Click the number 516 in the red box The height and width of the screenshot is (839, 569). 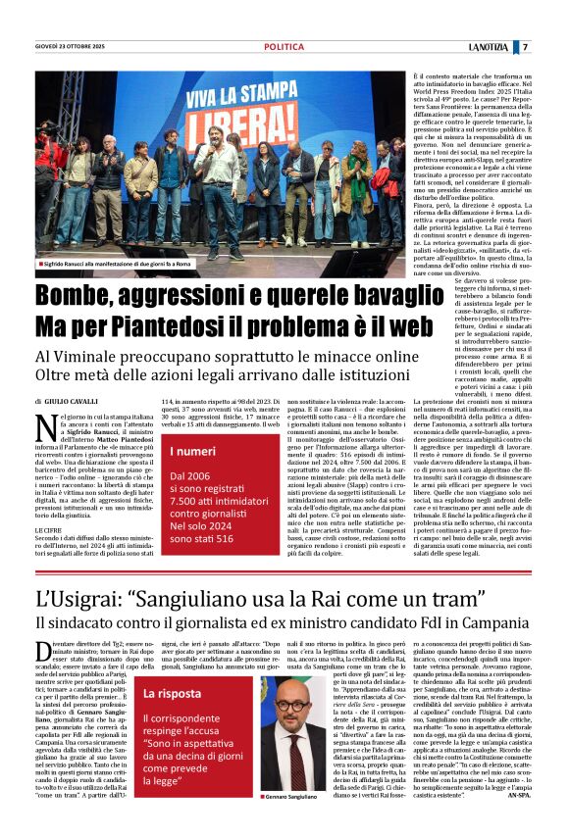click(x=222, y=539)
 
